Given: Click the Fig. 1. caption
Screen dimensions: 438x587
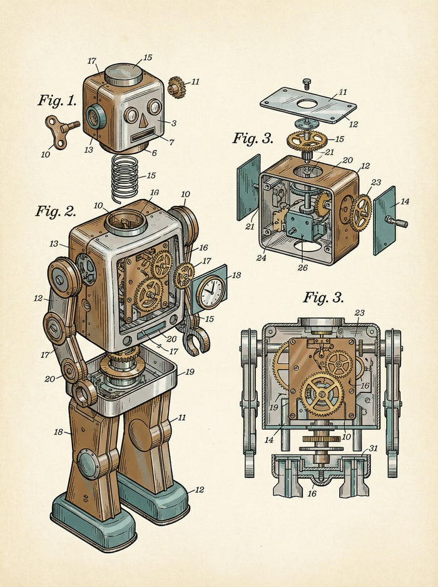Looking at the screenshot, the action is pyautogui.click(x=58, y=100).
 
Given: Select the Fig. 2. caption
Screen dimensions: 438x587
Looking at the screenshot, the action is pyautogui.click(x=56, y=211).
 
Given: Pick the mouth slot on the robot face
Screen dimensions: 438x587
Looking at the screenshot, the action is pyautogui.click(x=143, y=135).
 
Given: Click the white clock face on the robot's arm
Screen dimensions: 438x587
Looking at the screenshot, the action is pyautogui.click(x=211, y=292).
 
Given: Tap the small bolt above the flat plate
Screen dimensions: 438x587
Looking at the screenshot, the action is pyautogui.click(x=307, y=83).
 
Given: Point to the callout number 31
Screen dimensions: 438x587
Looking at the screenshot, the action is pyautogui.click(x=373, y=448).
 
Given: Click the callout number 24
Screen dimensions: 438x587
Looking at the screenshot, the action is pyautogui.click(x=261, y=258).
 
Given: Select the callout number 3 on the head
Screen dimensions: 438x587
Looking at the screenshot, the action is pyautogui.click(x=174, y=123).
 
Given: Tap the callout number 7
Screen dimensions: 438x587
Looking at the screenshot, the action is pyautogui.click(x=171, y=142).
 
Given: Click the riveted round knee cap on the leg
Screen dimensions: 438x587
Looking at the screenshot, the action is pyautogui.click(x=89, y=464).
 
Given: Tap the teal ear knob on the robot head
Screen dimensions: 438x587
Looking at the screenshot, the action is pyautogui.click(x=95, y=116).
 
